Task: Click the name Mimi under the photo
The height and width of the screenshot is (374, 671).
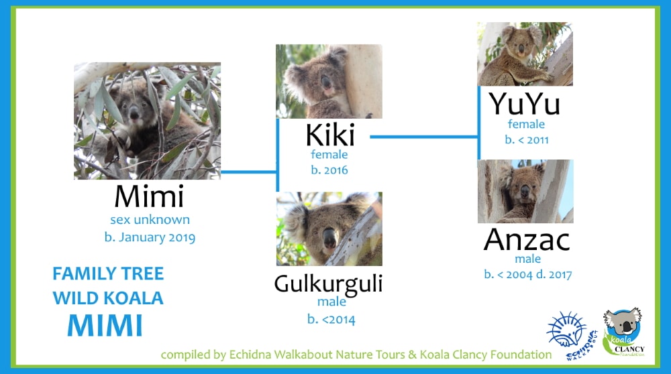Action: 150,196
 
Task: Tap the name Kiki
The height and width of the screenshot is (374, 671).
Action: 330,135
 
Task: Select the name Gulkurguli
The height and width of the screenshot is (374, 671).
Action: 328,284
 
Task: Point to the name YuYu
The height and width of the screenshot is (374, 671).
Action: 525,104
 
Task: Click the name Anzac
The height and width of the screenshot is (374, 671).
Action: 527,240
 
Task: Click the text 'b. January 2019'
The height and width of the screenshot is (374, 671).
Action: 150,237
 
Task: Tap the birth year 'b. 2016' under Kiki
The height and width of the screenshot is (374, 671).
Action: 329,170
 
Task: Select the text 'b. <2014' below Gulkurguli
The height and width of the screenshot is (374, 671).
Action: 331,319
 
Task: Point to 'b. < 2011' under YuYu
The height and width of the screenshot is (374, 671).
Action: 526,140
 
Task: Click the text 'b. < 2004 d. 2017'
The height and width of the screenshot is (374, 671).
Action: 527,274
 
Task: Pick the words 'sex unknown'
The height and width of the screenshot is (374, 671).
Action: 150,220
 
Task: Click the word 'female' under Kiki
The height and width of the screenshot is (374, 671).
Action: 329,154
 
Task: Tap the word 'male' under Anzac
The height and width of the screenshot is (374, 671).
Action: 527,259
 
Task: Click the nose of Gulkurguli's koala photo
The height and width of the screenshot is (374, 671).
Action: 329,238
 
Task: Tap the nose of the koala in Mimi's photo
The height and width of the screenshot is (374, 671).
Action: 134,113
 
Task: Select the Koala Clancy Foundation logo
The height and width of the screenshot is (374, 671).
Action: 623,332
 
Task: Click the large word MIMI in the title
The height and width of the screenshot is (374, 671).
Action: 105,325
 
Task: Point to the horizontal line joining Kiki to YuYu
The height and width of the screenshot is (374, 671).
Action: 423,137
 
